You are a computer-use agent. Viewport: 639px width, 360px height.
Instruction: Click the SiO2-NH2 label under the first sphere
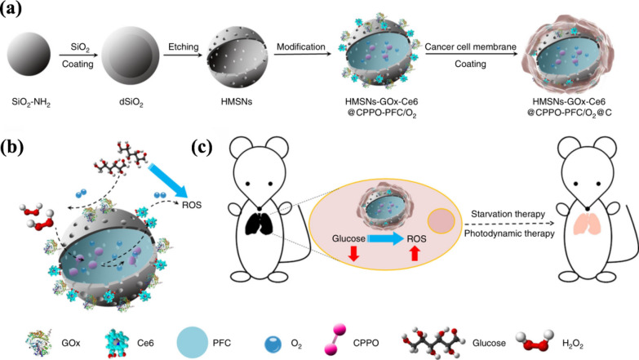tap(31, 102)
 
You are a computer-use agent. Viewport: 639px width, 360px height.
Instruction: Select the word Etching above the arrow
tap(184, 47)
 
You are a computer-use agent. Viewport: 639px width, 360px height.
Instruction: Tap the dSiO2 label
tap(131, 102)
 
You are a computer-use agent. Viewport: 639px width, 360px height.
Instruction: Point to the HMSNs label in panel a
tap(237, 101)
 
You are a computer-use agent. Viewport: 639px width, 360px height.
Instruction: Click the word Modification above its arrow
tap(301, 47)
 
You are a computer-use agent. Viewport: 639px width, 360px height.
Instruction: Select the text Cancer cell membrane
tap(470, 47)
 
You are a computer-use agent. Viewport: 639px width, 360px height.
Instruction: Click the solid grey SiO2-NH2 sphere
tap(29, 55)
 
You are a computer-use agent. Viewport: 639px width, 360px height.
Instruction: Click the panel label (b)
tap(11, 147)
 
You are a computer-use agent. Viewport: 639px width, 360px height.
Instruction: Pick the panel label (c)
tap(202, 147)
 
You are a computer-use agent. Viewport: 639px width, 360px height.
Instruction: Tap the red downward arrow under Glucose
tap(353, 253)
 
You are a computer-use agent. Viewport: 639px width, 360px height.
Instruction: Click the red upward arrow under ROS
tap(415, 253)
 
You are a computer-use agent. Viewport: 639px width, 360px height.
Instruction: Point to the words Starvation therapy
tap(508, 214)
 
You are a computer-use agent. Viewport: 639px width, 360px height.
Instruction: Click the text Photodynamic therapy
tap(509, 233)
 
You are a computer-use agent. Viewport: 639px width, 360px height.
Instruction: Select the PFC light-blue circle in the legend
tap(192, 343)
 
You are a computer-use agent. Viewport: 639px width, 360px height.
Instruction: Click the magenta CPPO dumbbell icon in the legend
tap(335, 340)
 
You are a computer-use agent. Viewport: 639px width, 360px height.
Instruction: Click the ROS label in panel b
tap(192, 205)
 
